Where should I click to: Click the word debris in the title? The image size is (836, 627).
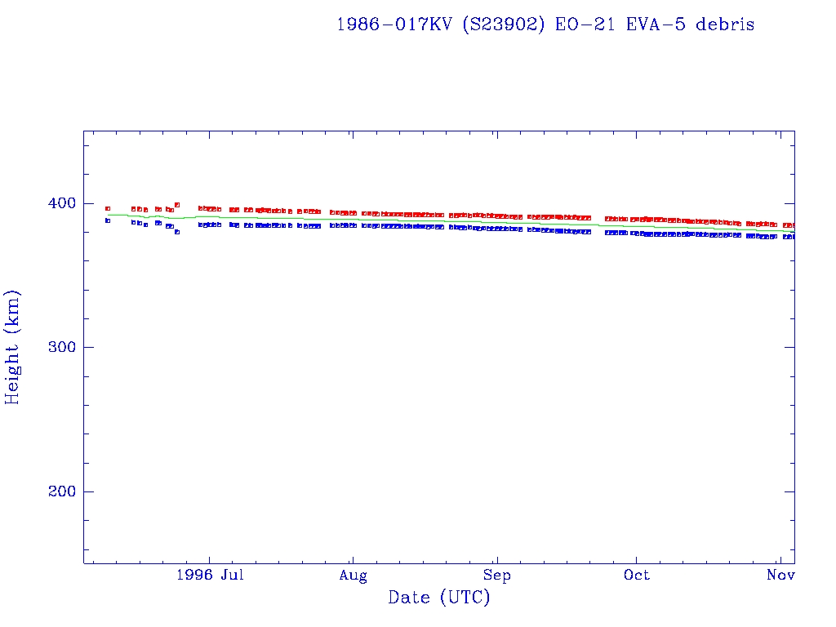725,24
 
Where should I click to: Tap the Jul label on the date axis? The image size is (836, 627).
233,576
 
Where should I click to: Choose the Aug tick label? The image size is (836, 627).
353,576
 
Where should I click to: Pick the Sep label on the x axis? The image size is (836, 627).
496,576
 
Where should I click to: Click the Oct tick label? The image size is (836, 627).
637,576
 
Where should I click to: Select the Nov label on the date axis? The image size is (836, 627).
781,576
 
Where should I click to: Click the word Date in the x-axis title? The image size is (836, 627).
409,598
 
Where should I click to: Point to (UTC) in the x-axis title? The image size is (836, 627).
465,598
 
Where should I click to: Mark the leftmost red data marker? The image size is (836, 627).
108,208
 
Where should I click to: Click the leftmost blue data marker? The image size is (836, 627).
108,220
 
